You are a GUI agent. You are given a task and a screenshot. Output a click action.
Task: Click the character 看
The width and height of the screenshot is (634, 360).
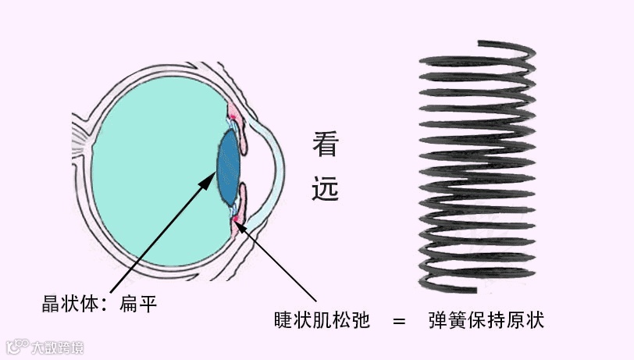click(326, 144)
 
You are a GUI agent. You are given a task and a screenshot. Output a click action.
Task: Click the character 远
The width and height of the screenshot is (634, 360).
click(326, 187)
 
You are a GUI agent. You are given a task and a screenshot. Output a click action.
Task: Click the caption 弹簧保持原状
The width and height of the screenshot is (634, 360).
click(486, 320)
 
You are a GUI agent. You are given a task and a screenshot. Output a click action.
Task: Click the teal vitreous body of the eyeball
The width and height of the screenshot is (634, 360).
click(148, 172)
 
